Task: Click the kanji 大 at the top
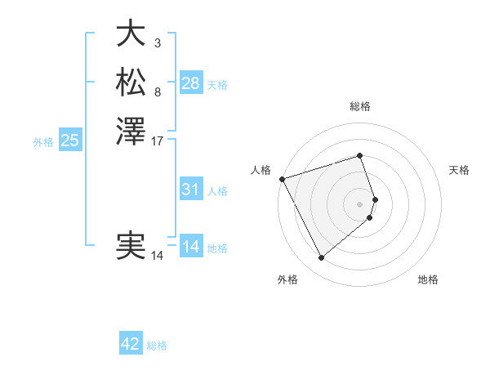coord(131,33)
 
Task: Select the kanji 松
coord(131,82)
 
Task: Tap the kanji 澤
coord(131,131)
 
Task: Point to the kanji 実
coord(131,246)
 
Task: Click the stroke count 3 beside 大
coord(158,42)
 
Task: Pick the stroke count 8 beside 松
coord(158,92)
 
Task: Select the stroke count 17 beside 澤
coord(158,141)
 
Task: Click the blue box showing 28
coord(191,83)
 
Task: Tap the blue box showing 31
coord(191,190)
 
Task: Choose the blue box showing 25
coord(70,141)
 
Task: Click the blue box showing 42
coord(131,344)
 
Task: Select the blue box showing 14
coord(191,247)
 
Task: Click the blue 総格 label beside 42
coord(157,346)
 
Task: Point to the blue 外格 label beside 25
coord(43,142)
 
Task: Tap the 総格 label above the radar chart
coord(360,106)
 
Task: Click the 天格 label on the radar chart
coord(460,170)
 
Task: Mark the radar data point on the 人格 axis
coord(282,178)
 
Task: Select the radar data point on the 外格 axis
coord(322,258)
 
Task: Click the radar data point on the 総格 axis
coord(360,155)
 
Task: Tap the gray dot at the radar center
coord(360,203)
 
